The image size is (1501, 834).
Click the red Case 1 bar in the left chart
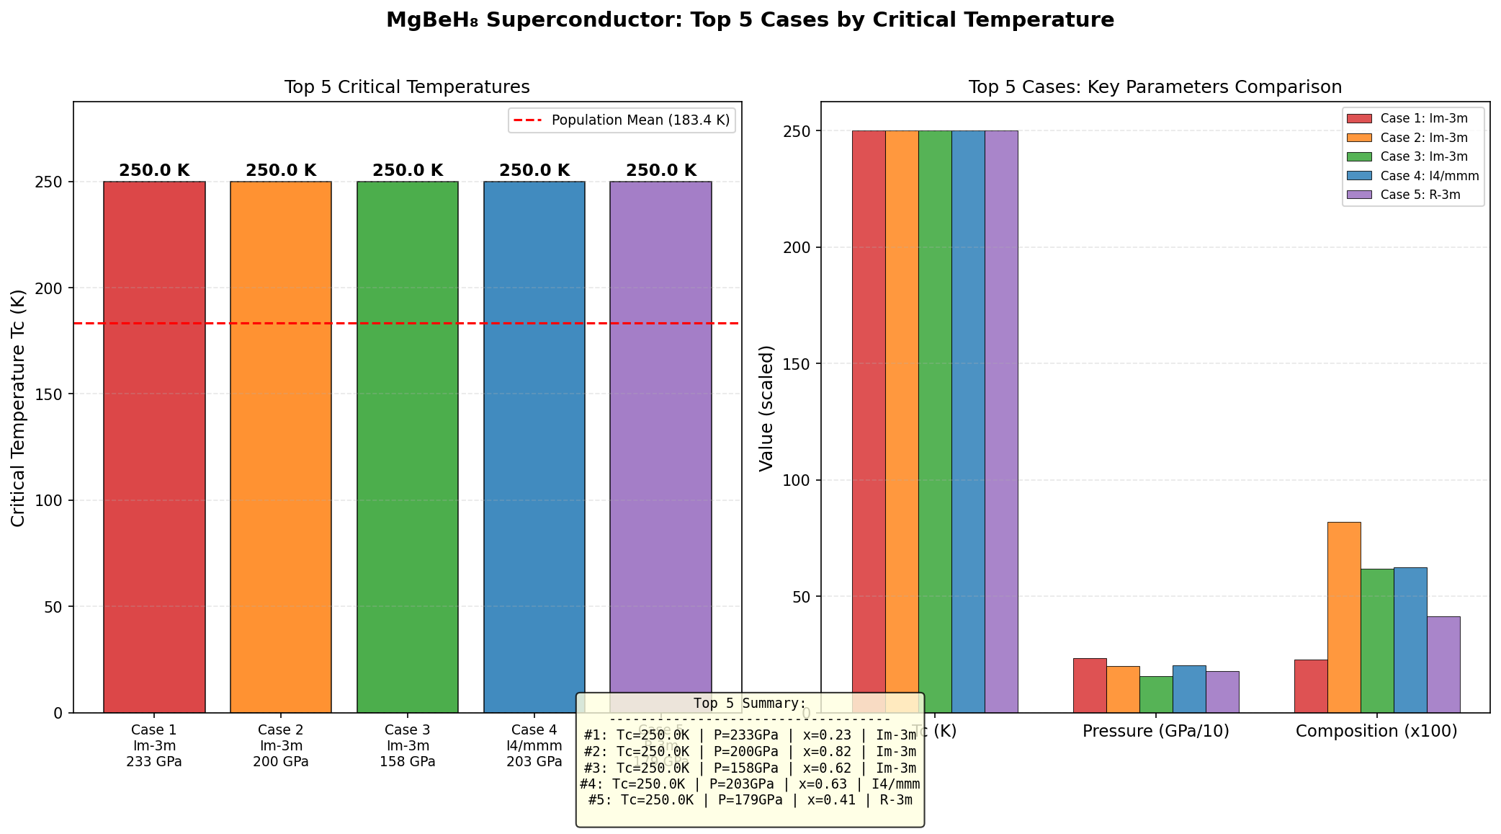tap(154, 447)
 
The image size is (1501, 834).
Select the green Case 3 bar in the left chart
tap(408, 447)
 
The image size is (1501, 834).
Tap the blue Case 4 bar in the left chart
tap(534, 447)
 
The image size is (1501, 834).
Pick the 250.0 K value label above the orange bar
tap(281, 171)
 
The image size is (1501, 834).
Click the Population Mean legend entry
tap(624, 120)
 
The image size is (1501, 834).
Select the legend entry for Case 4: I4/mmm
tap(1412, 176)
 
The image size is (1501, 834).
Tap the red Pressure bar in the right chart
tap(1090, 686)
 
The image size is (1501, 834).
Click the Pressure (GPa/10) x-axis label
tap(1156, 731)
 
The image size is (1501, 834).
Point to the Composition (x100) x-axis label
tap(1376, 731)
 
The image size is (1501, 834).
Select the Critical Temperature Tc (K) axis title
tap(19, 408)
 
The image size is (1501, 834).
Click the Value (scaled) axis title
tap(766, 408)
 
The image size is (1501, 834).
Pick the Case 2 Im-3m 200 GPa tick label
tap(281, 746)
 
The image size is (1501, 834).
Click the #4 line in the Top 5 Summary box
tap(750, 784)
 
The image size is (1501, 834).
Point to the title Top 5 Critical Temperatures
tap(407, 87)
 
